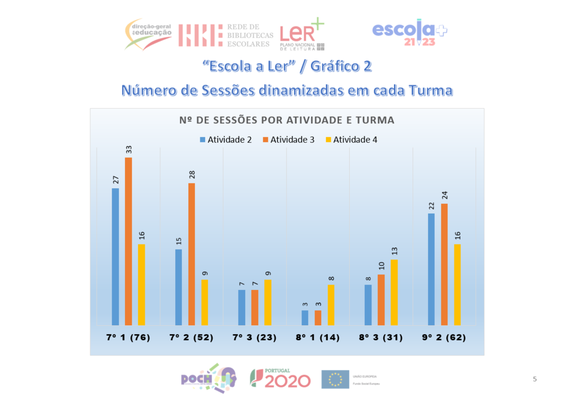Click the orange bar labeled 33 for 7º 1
[x=129, y=242]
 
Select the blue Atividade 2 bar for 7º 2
[x=179, y=287]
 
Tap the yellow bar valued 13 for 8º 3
[x=394, y=292]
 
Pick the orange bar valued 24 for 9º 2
[x=444, y=264]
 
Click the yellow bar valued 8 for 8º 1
[x=331, y=305]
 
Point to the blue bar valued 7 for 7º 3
[x=242, y=307]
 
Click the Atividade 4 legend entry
[x=355, y=140]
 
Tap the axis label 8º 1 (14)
[x=318, y=337]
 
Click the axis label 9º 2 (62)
[x=444, y=337]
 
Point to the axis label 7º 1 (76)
[x=129, y=337]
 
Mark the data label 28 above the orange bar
[x=192, y=175]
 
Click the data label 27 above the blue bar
[x=115, y=179]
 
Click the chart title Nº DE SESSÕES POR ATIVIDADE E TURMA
[x=287, y=120]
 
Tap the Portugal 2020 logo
[x=280, y=378]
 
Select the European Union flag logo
[x=335, y=379]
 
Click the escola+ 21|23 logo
[x=409, y=33]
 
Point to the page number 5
[x=535, y=379]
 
